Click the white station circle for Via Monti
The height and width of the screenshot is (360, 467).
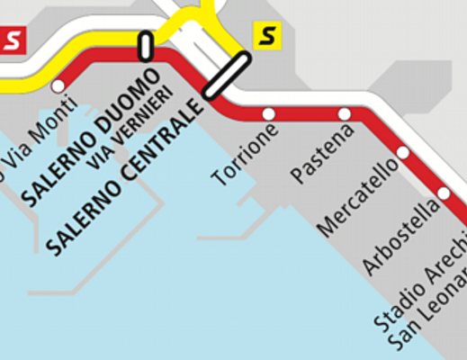pyautogui.click(x=59, y=86)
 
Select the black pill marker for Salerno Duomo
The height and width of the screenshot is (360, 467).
pyautogui.click(x=145, y=47)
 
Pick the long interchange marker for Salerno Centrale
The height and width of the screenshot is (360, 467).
pyautogui.click(x=226, y=75)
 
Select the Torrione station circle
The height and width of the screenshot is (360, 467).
pyautogui.click(x=268, y=113)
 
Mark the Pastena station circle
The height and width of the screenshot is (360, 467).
pyautogui.click(x=345, y=113)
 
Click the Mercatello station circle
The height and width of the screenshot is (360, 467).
pyautogui.click(x=403, y=153)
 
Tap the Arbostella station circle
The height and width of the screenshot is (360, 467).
pyautogui.click(x=444, y=193)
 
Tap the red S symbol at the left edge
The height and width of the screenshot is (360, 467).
pyautogui.click(x=12, y=40)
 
